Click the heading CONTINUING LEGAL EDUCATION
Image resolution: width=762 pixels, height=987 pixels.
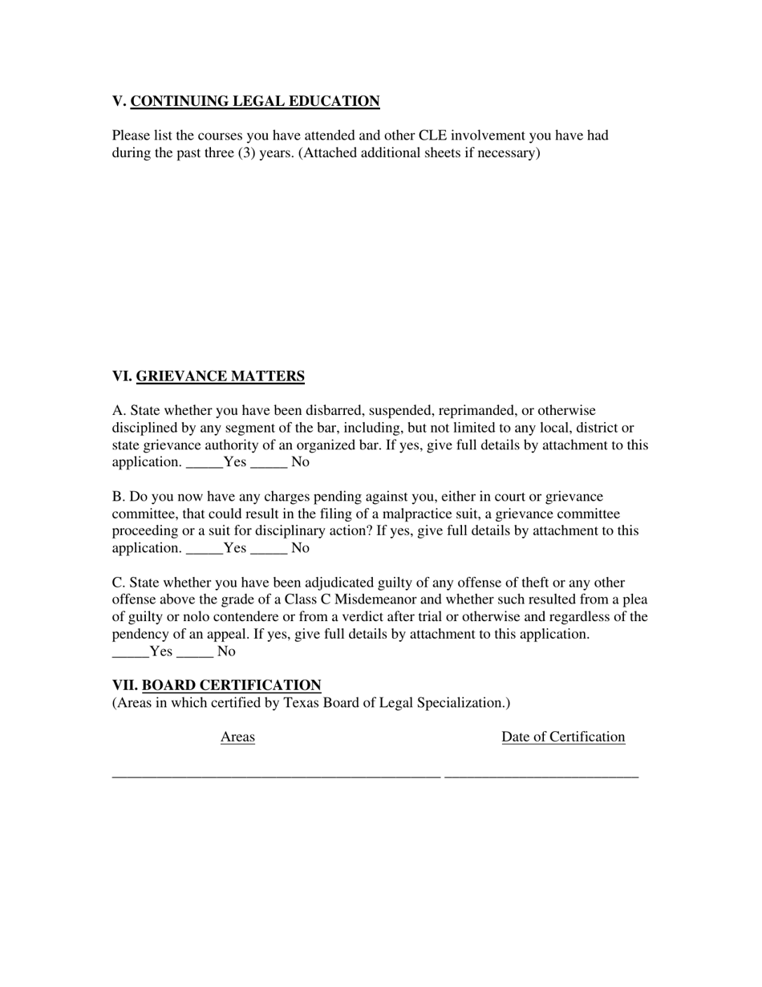tap(254, 101)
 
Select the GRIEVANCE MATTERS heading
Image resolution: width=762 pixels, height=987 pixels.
tap(220, 376)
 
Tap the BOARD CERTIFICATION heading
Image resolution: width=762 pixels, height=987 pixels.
tap(231, 685)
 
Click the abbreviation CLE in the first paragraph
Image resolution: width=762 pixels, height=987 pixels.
tap(433, 135)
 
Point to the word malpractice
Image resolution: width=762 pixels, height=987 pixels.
tap(422, 514)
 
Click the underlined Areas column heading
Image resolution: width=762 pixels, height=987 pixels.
tap(237, 737)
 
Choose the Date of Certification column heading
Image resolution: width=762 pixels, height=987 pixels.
tap(563, 737)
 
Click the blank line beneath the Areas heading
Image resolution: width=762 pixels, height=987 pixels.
tap(276, 775)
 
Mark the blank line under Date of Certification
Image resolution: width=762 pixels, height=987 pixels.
tap(541, 775)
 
